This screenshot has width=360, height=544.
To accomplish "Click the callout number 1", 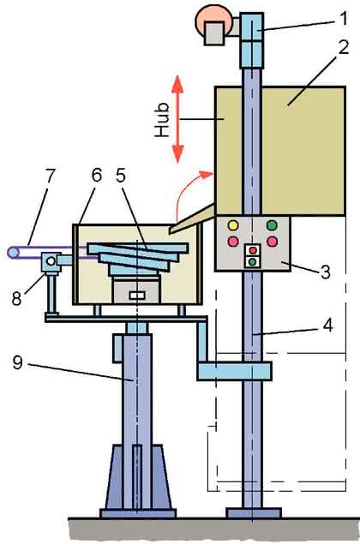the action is [343, 19].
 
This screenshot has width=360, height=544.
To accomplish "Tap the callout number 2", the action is [343, 47].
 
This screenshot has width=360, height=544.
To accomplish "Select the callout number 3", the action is [325, 272].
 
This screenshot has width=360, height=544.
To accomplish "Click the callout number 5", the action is [120, 176].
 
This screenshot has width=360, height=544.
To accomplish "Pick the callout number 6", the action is [97, 176].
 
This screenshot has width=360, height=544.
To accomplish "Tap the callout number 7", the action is [50, 176].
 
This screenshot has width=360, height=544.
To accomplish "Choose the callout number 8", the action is [16, 298].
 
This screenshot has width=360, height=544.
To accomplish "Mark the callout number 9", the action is [18, 362].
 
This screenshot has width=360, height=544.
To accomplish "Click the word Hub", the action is [162, 120].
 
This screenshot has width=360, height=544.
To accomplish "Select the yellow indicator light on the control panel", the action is [233, 225].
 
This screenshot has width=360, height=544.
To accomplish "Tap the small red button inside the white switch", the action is [253, 250].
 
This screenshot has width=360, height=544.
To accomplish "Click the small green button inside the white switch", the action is [253, 261].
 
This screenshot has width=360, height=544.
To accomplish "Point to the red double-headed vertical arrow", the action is [177, 119].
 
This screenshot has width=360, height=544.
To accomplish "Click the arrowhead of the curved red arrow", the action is [207, 173].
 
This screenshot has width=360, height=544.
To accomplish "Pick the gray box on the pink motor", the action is [214, 33].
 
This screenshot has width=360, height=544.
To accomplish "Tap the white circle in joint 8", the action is [51, 261].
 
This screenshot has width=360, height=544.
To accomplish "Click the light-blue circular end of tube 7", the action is [13, 252].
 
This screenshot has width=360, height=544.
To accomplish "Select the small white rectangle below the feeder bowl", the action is [137, 296].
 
